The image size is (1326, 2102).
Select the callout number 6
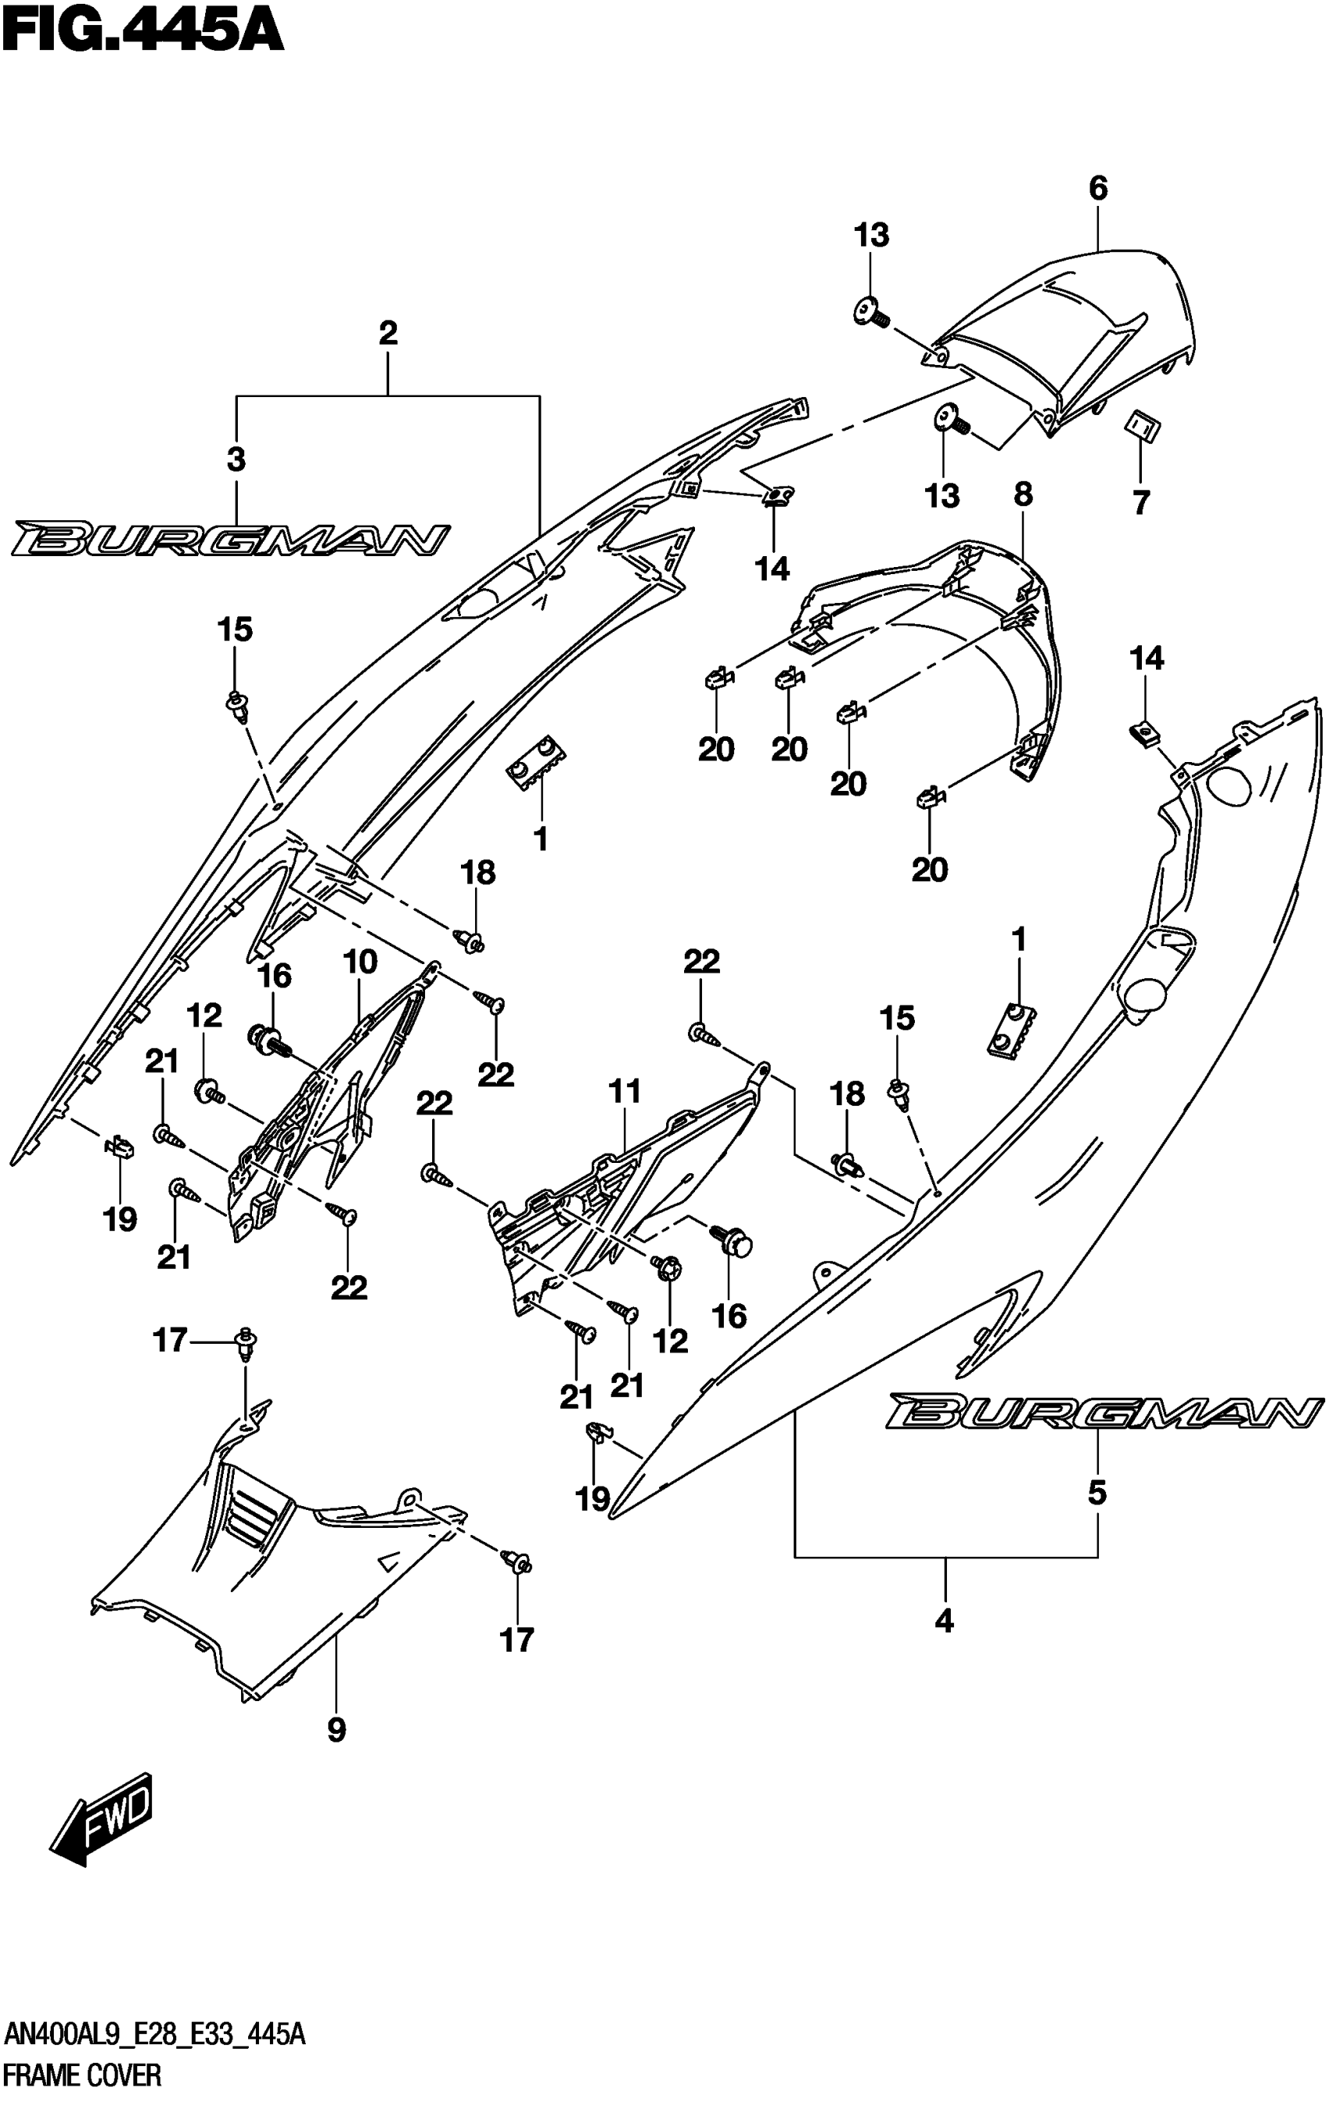(1097, 188)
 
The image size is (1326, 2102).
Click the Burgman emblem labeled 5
(1101, 1411)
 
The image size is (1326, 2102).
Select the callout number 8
(1023, 495)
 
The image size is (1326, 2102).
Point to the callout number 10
(360, 962)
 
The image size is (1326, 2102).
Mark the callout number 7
(1141, 503)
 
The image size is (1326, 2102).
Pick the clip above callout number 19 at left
(119, 1147)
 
